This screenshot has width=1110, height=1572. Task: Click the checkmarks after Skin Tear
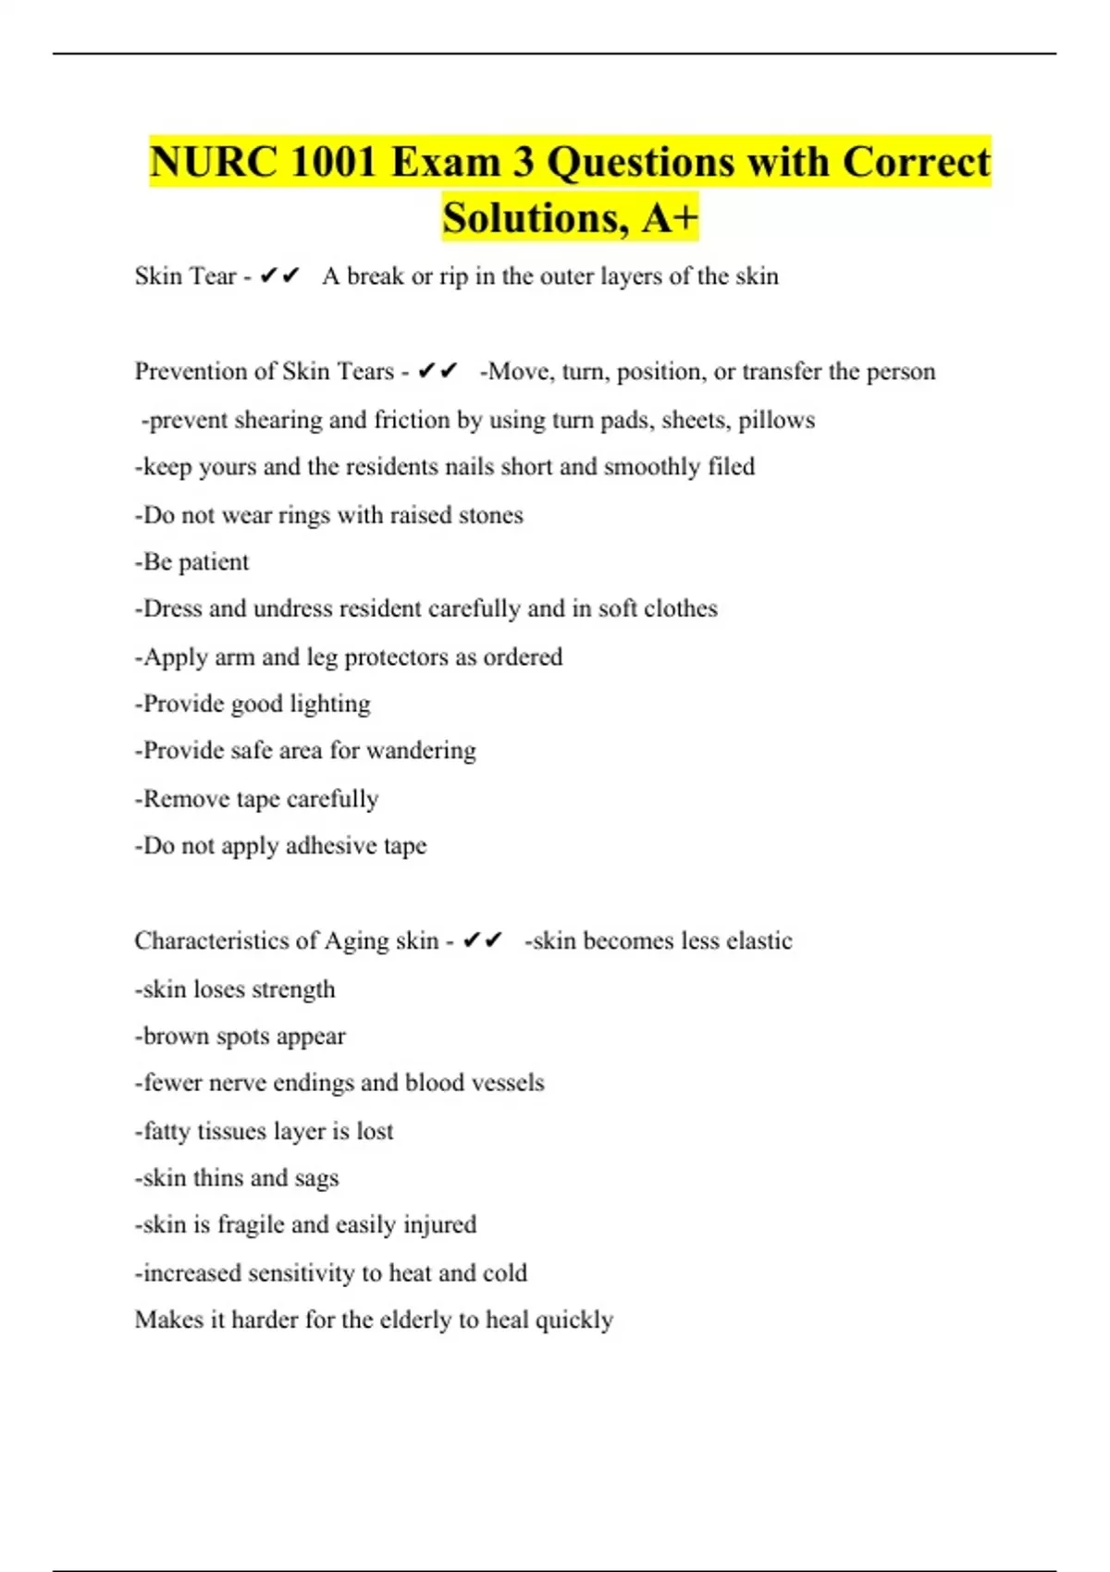[279, 276]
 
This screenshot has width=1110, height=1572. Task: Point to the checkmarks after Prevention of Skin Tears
[438, 371]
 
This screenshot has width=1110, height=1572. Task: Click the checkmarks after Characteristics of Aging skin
[482, 940]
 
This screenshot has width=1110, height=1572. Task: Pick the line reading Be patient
[192, 562]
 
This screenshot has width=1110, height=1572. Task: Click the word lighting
[330, 705]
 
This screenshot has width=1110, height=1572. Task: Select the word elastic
[758, 940]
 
